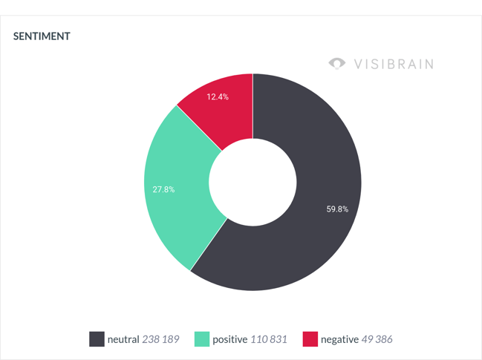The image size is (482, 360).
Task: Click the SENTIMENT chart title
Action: tap(42, 36)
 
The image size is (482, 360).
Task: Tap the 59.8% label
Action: tap(337, 209)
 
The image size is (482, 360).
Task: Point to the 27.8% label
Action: tap(163, 189)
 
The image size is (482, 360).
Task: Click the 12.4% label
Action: tap(218, 97)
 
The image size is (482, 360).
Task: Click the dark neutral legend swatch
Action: tap(97, 339)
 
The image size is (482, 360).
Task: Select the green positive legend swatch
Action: tap(202, 339)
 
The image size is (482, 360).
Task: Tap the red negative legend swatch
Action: tap(310, 339)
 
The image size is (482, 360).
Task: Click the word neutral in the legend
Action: tap(123, 339)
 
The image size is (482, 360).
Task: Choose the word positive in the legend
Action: tap(229, 339)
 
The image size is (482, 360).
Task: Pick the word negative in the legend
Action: tap(339, 339)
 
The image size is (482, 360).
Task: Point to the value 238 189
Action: tap(161, 339)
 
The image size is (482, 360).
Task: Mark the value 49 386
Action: tap(377, 339)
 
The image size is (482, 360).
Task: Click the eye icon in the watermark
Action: tap(337, 63)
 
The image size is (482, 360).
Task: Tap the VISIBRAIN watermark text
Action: tap(394, 63)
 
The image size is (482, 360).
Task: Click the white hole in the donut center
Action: tap(253, 182)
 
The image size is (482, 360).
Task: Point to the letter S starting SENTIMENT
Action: tap(16, 36)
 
